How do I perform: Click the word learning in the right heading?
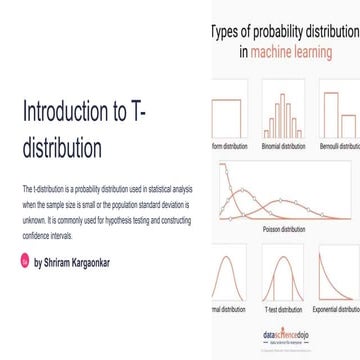[x=320, y=47]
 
